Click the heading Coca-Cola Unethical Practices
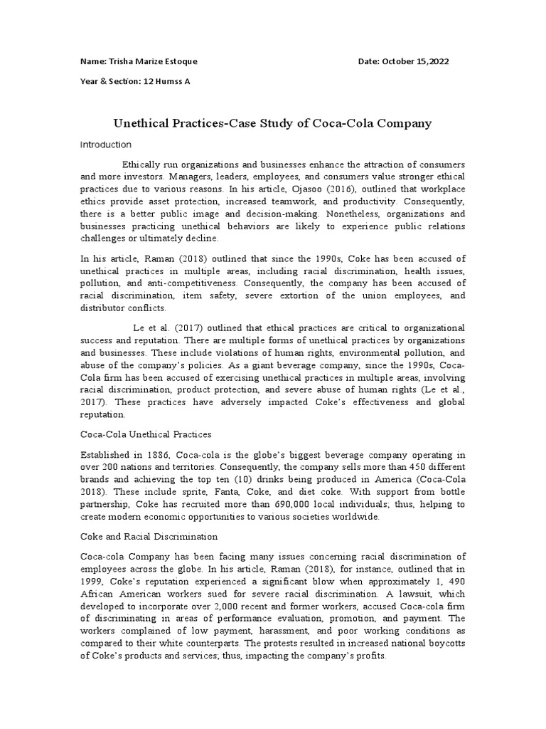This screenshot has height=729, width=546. coord(146,434)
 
